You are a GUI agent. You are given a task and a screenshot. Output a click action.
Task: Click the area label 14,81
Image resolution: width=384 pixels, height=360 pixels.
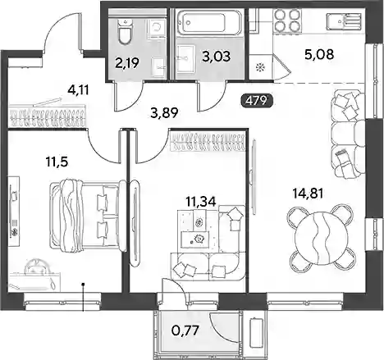coord(308,194)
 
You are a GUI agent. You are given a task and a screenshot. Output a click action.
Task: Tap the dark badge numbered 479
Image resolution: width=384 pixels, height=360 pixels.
coord(257,101)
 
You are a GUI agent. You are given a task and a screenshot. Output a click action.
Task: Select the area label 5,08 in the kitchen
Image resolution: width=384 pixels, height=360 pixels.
coord(319,54)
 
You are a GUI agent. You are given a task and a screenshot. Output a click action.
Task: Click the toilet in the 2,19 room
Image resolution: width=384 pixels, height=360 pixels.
coord(126,32)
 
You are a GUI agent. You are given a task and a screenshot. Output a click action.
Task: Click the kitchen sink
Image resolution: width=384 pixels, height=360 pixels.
coord(345,21)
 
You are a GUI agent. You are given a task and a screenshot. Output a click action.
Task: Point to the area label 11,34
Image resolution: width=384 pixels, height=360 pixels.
coord(201,202)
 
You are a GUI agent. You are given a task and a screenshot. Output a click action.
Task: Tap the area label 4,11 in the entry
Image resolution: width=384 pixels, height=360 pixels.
coord(79,89)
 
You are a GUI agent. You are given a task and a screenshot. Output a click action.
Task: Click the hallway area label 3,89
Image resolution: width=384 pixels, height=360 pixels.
coord(164,112)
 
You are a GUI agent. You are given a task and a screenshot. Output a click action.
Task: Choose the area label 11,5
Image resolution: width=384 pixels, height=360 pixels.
coord(57,162)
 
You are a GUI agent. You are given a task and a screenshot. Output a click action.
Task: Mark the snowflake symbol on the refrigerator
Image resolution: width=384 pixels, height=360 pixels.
coord(258,66)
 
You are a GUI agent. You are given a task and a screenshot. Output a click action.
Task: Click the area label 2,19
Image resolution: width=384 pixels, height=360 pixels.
coord(128,63)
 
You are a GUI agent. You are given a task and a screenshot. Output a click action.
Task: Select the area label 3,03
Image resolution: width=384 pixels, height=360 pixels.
coord(217,57)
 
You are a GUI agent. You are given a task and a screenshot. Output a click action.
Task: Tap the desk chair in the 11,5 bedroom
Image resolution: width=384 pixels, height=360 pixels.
coord(37,266)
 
